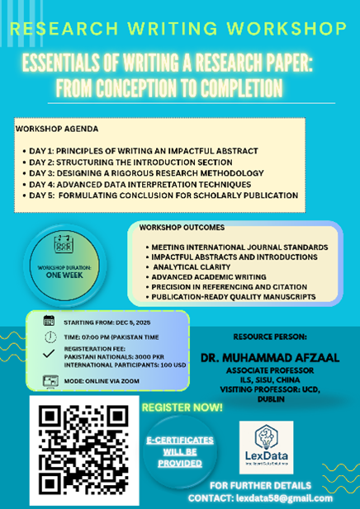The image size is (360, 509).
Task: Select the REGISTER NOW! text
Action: pyautogui.click(x=182, y=407)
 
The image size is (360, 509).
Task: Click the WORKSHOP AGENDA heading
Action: pyautogui.click(x=57, y=130)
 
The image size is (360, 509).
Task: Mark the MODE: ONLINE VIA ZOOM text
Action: pyautogui.click(x=102, y=380)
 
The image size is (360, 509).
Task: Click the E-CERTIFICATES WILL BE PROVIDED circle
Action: pyautogui.click(x=180, y=451)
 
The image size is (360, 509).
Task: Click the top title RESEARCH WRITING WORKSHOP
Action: pyautogui.click(x=179, y=28)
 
